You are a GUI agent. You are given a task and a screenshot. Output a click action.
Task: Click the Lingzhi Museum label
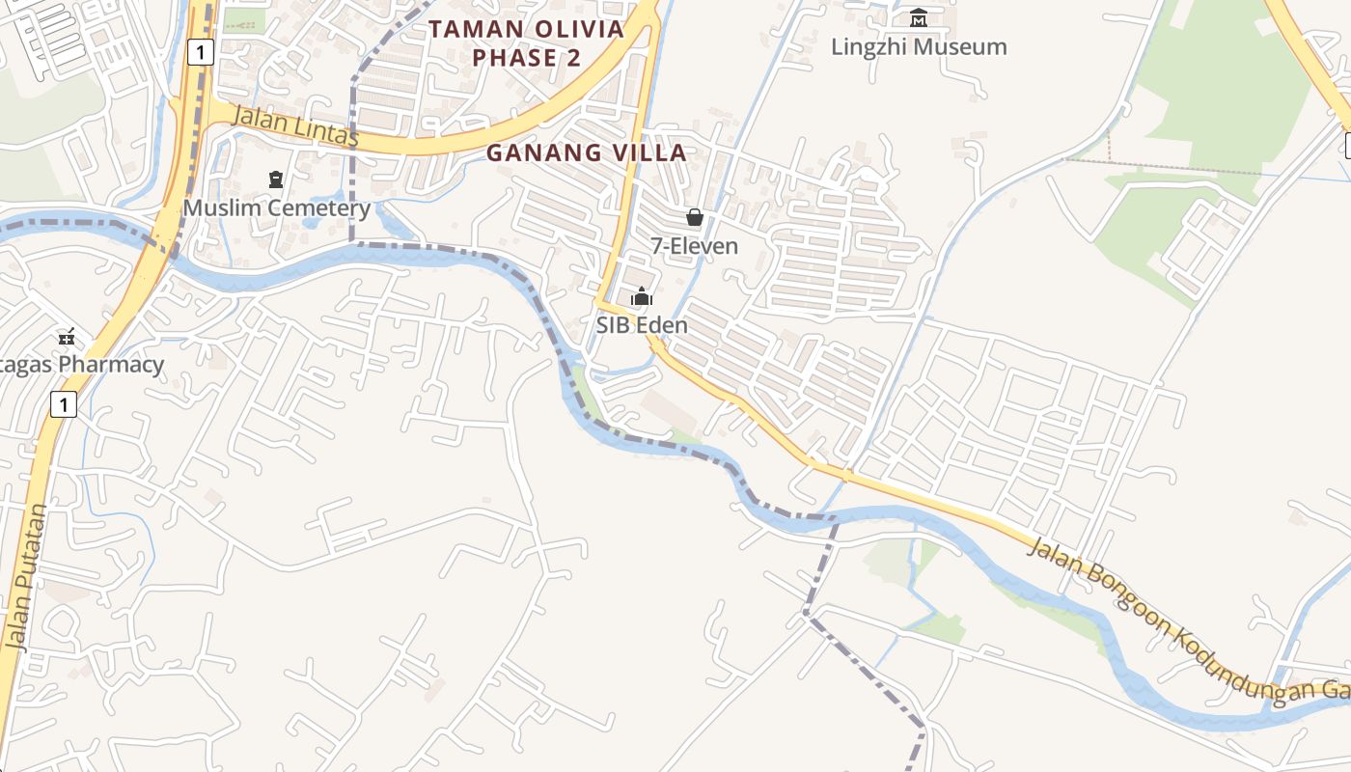click(919, 46)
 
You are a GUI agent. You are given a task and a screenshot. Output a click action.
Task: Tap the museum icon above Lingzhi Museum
click(919, 17)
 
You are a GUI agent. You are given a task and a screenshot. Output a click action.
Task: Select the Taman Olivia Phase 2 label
click(526, 43)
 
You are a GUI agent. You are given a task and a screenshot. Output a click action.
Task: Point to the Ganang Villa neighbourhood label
click(586, 152)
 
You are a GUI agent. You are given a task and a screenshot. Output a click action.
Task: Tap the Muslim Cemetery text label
click(276, 207)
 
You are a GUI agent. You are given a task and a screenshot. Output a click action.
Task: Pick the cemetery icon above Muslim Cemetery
click(276, 179)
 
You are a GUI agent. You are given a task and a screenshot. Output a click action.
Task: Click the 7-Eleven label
click(694, 246)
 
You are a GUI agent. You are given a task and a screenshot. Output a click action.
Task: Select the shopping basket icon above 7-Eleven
click(694, 217)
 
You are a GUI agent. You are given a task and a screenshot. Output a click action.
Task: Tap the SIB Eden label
click(642, 325)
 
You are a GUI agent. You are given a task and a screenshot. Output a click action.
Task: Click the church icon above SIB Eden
click(642, 296)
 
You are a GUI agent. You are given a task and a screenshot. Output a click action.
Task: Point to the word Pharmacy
click(110, 365)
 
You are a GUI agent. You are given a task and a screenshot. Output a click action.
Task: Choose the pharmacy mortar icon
click(67, 337)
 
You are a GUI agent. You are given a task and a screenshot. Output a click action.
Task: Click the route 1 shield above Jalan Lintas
click(200, 52)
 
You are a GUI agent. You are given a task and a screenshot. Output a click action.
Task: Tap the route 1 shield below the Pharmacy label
click(63, 404)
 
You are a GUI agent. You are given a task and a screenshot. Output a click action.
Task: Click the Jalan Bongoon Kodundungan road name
click(1187, 619)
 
